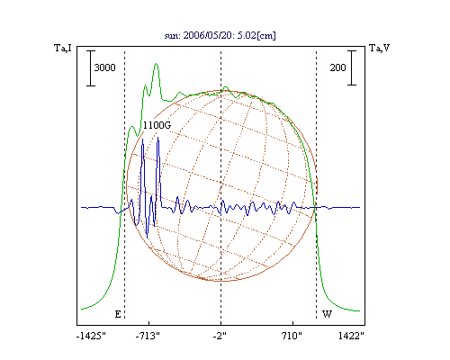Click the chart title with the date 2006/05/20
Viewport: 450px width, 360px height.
[x=220, y=35]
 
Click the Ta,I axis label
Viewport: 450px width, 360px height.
[x=63, y=48]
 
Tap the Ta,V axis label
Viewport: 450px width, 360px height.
[x=379, y=48]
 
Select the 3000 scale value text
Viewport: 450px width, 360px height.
[x=104, y=67]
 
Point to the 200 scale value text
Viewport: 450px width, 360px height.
[x=338, y=67]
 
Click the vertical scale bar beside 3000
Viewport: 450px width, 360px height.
[x=91, y=68]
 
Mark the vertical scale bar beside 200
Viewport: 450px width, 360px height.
[x=352, y=67]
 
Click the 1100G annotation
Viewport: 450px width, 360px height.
[x=157, y=125]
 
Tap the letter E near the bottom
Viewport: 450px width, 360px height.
[x=118, y=314]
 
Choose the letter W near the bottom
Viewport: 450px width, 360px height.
[x=327, y=314]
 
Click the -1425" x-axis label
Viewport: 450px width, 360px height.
[x=91, y=336]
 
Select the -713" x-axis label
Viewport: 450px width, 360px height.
[x=148, y=336]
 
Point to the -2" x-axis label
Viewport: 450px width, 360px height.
[x=220, y=336]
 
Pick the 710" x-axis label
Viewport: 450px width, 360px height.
[x=292, y=336]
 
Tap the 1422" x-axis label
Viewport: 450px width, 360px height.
[x=351, y=336]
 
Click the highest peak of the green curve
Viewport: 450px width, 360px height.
[x=156, y=64]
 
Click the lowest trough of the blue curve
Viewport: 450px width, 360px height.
[x=147, y=238]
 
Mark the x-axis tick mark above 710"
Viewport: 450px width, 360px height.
[x=292, y=323]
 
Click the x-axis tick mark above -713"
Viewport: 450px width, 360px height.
[x=149, y=323]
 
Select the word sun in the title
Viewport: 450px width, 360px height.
[x=171, y=36]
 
